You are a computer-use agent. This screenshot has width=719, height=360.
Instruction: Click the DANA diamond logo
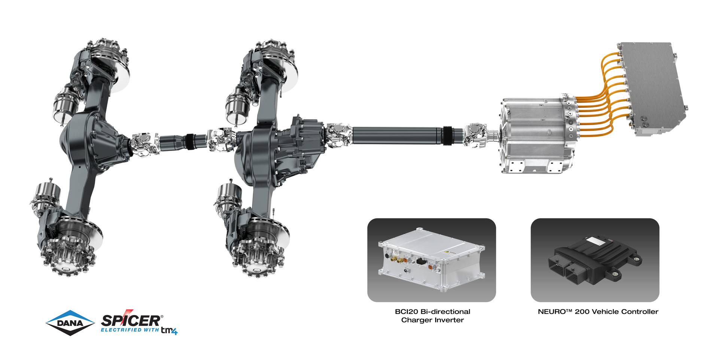(70, 323)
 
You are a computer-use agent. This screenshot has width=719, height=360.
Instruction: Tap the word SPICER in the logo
(131, 321)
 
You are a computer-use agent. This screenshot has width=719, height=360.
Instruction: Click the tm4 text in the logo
(169, 330)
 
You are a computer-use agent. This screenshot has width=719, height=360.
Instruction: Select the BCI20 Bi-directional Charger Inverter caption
(432, 315)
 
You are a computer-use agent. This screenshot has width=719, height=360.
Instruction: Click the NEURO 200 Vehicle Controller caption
(598, 311)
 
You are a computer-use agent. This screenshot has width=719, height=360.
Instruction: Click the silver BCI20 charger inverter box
(431, 258)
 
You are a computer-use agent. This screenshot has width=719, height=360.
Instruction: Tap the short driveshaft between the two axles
(183, 141)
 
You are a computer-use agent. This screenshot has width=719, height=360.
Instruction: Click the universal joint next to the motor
(476, 134)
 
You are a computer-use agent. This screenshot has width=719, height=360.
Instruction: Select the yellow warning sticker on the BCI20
(446, 253)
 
